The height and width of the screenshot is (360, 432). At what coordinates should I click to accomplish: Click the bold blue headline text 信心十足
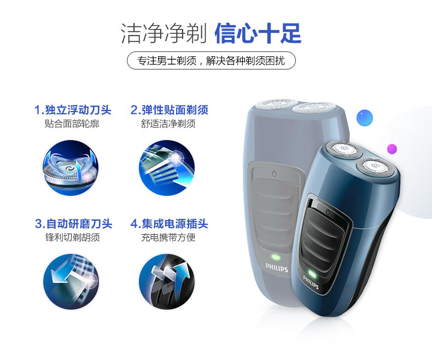258,33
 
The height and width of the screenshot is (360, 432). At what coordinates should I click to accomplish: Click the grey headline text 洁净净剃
164,33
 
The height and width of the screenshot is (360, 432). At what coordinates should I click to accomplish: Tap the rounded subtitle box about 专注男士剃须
211,60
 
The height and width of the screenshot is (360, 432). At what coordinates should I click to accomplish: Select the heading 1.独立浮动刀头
73,110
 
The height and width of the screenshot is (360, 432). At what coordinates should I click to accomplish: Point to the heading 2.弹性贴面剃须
169,110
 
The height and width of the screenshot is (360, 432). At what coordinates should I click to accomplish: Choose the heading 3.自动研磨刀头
74,224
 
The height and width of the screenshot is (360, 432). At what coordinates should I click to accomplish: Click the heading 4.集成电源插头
169,224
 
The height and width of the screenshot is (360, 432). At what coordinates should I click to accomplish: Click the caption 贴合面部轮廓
72,124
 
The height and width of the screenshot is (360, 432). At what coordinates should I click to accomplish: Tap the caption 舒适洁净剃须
168,124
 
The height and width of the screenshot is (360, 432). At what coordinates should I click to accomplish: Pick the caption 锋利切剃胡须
73,237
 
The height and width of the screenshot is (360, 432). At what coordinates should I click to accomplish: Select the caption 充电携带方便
168,237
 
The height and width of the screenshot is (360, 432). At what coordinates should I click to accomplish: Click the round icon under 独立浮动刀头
71,168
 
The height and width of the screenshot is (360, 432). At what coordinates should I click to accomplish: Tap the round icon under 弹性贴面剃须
167,168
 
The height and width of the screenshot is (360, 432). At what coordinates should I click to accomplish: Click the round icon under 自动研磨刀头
71,281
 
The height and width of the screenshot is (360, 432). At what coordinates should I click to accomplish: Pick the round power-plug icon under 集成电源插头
167,281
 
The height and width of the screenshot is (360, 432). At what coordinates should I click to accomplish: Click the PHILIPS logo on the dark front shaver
311,282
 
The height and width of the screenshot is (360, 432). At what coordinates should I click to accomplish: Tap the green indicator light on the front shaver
312,274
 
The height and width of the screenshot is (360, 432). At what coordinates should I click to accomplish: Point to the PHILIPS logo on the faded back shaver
277,268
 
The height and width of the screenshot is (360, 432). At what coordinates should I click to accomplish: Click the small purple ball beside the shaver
392,149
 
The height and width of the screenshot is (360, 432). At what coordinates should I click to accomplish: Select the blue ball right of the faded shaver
365,118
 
